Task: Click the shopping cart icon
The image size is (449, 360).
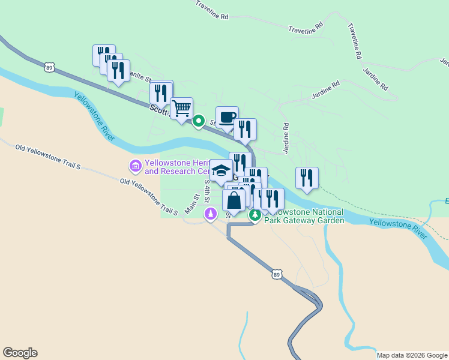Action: (181, 109)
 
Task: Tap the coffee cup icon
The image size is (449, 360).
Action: (227, 118)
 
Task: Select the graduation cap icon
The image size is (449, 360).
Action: (221, 170)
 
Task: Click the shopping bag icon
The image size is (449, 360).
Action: (234, 200)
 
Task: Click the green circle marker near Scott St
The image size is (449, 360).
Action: (199, 122)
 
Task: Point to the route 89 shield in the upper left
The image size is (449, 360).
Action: (49, 68)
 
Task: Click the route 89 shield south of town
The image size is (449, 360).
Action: (276, 274)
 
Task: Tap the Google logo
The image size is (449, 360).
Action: (20, 353)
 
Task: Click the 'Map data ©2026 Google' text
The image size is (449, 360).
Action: (412, 355)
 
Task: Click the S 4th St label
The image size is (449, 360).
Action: (207, 190)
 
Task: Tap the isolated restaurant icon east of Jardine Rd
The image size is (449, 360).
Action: (307, 178)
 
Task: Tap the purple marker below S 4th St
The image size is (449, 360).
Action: (211, 214)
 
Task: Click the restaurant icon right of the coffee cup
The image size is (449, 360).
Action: (245, 130)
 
